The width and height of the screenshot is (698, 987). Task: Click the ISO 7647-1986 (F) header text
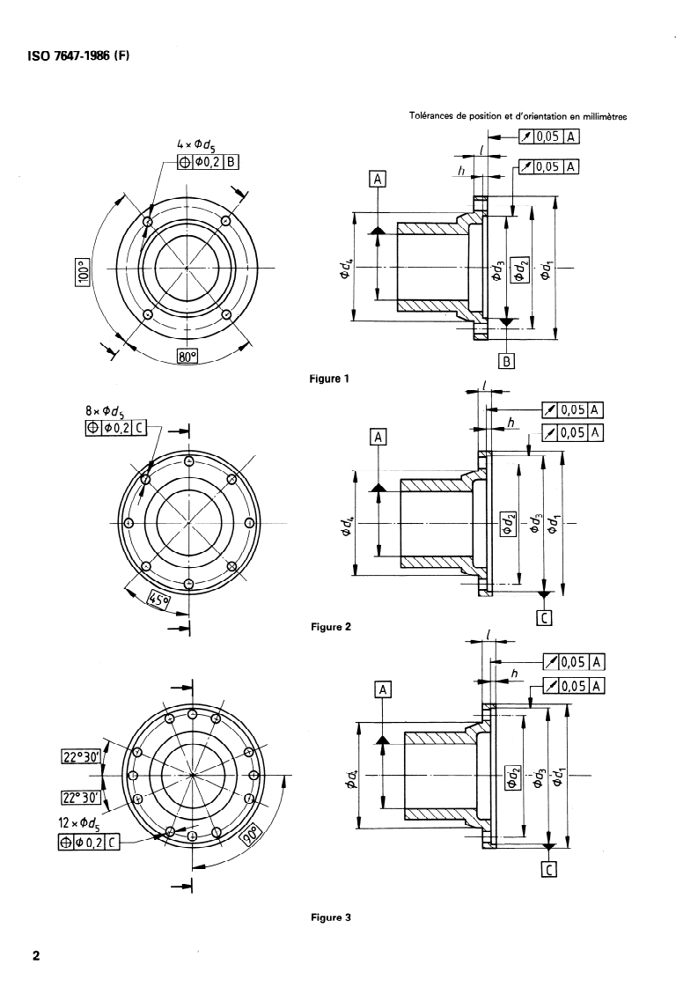(78, 55)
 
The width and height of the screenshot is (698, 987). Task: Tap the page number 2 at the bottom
(36, 955)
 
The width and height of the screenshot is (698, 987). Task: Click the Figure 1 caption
(329, 379)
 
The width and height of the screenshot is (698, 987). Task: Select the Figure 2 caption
(330, 627)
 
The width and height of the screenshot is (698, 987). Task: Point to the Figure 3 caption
(330, 917)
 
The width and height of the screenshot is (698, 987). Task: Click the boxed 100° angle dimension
(83, 270)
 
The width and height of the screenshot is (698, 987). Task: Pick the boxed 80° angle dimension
(187, 357)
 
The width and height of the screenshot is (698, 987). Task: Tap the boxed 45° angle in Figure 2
(158, 599)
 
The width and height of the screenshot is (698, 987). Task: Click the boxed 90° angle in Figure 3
(250, 836)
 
